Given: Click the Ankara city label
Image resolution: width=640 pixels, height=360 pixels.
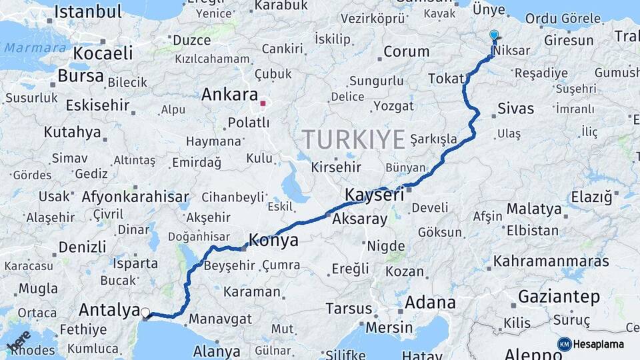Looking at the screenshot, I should (229, 94).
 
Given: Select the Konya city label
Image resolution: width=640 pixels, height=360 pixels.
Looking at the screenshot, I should (273, 239).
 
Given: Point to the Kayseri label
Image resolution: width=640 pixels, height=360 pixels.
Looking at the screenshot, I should (375, 195).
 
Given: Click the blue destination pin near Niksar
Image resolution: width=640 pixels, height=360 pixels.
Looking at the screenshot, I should (493, 35).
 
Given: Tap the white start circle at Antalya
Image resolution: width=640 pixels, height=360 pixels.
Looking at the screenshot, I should (145, 311).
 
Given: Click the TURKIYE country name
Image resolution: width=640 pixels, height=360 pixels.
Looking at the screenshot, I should (353, 139).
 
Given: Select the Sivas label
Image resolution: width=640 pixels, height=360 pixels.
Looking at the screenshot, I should (515, 108).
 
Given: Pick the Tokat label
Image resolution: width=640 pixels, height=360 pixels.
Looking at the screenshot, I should (446, 79).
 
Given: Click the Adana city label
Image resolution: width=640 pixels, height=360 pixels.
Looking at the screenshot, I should (430, 303).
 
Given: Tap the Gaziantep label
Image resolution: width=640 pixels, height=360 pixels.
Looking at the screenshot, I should (559, 296).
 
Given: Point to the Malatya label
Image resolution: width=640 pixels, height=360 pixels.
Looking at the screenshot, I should (533, 209).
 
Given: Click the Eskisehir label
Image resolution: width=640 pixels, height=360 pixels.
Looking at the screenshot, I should (97, 105).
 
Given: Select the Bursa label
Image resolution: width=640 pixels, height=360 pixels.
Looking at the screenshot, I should (81, 75).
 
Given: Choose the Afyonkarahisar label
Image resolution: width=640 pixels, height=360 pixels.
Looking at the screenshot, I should (135, 197).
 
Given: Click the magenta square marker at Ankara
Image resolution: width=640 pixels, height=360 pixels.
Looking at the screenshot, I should (263, 103).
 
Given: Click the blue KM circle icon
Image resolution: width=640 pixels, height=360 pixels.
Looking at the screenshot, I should (564, 344).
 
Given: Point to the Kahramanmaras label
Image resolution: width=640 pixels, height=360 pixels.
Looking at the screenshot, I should (551, 261).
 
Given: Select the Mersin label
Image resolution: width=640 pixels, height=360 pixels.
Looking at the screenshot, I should (389, 327).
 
